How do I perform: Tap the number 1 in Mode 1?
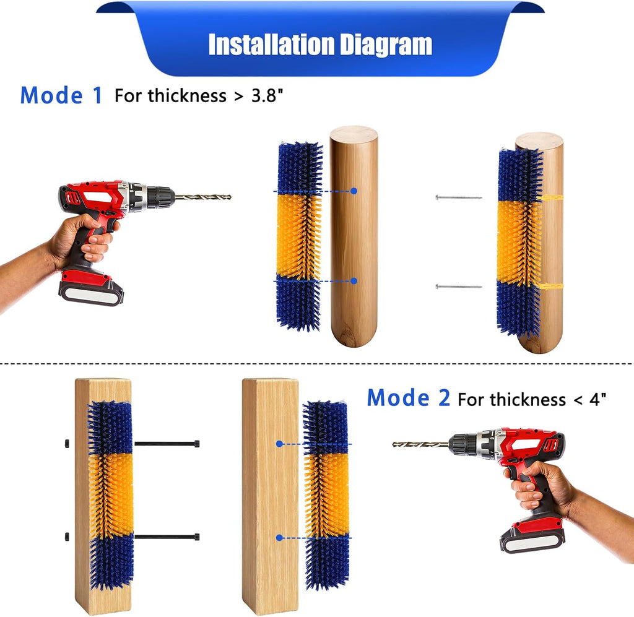coord(97,95)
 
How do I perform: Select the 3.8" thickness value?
coord(267,96)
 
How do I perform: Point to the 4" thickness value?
coord(597,399)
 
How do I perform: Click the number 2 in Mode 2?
coord(444,397)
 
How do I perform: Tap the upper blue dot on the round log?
coord(354,191)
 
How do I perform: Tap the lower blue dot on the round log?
coord(354,280)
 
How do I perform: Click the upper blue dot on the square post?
coord(279,444)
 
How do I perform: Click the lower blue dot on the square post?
coord(279,537)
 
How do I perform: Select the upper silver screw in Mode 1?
coord(459,197)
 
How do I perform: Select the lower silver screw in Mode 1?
coord(459,287)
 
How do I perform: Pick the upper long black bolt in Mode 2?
coord(167,443)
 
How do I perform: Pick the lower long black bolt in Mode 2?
coord(167,537)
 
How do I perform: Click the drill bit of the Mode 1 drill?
coord(202,197)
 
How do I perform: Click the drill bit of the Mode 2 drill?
coord(420,444)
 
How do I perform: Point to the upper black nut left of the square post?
coord(66,443)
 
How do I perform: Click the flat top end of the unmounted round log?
coord(354,133)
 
